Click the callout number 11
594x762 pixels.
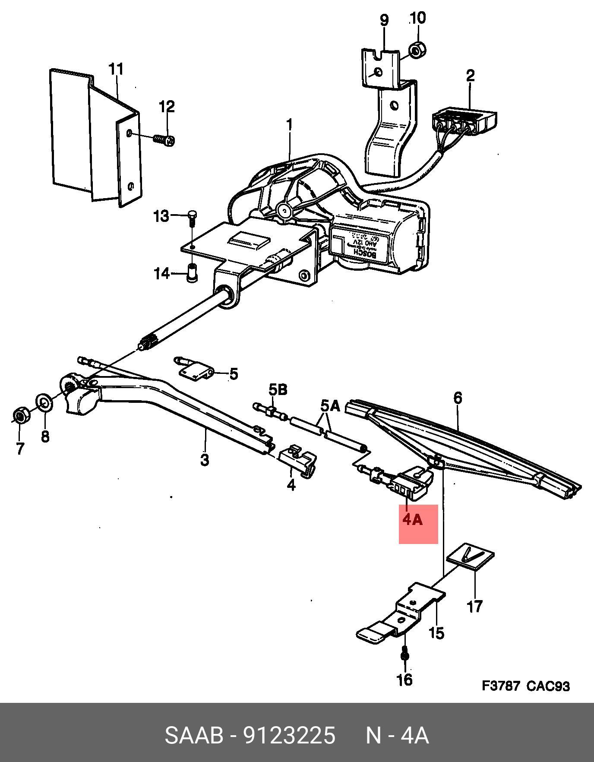[116, 69]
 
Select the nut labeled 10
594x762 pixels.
[416, 51]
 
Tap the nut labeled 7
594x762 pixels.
[19, 415]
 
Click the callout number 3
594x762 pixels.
[205, 459]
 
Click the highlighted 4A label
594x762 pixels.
[413, 519]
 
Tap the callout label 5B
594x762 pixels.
[278, 390]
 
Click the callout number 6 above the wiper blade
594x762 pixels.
[458, 397]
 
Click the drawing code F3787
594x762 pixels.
[501, 686]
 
